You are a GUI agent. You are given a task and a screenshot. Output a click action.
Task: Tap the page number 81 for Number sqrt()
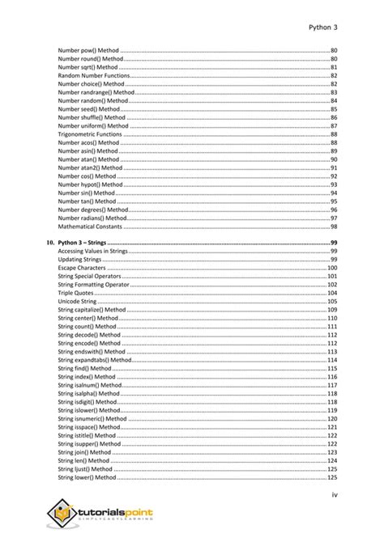[x=333, y=67]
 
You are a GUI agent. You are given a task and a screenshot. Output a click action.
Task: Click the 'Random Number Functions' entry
[x=92, y=75]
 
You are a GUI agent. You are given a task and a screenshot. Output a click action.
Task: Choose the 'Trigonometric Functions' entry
[x=90, y=134]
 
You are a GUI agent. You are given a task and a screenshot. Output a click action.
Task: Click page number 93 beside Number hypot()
[x=333, y=184]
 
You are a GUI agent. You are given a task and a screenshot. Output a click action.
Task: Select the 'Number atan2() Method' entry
[x=90, y=168]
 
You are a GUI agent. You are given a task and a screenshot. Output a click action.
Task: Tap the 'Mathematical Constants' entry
[x=90, y=227]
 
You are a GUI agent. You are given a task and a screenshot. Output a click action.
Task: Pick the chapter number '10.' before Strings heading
[x=49, y=243]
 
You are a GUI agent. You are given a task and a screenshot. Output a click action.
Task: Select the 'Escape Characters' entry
[x=83, y=268]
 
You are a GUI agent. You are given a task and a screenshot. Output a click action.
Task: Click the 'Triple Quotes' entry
[x=77, y=293]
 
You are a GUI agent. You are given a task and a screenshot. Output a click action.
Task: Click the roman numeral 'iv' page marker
[x=333, y=495]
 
